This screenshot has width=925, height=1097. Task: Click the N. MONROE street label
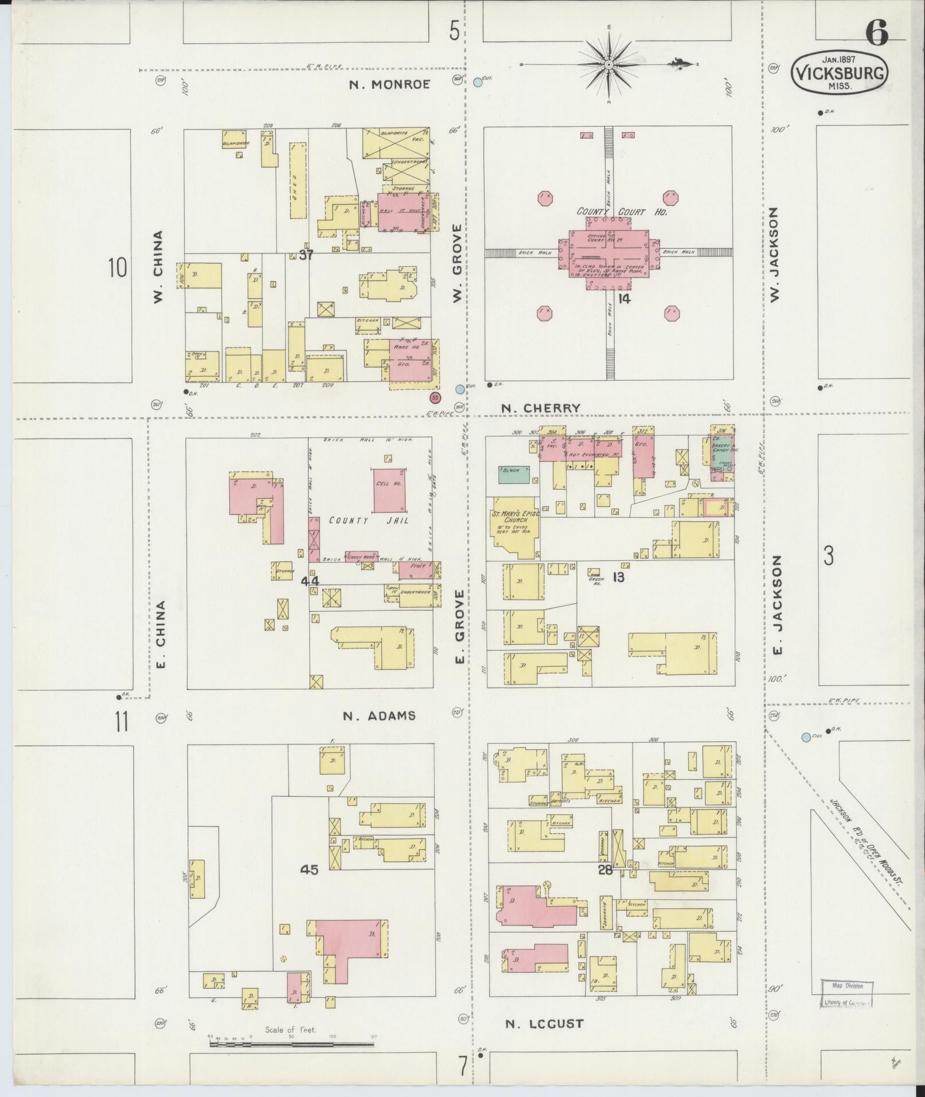pos(390,85)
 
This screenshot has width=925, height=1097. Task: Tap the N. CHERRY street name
pos(541,408)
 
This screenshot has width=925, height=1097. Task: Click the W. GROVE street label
pos(457,263)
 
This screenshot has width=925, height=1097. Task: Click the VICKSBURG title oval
pos(839,73)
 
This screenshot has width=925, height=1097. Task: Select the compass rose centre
pos(608,65)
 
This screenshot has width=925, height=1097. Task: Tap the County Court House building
pos(609,253)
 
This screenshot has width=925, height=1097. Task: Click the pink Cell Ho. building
pos(391,490)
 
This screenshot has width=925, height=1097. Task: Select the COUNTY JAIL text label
pos(368,521)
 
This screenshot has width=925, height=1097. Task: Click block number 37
pos(306,255)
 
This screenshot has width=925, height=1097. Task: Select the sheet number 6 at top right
pos(876,34)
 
